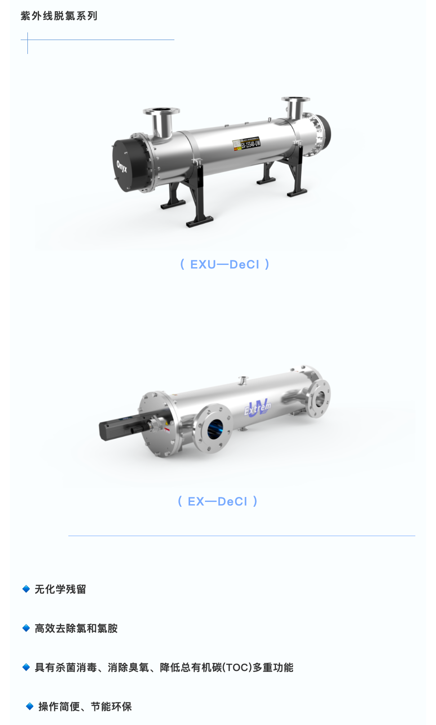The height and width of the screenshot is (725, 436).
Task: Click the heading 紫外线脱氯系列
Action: click(x=59, y=16)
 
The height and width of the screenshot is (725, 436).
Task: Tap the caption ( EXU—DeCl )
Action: click(x=224, y=264)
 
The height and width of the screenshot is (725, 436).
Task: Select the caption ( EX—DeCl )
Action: click(x=218, y=501)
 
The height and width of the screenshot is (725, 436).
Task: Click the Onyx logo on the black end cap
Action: click(x=122, y=166)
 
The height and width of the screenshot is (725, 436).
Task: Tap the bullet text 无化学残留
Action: click(x=60, y=589)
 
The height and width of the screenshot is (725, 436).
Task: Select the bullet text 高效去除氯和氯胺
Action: click(x=76, y=628)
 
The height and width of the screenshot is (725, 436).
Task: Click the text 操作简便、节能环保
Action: click(x=85, y=707)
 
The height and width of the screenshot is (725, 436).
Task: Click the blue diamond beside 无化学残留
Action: click(x=26, y=589)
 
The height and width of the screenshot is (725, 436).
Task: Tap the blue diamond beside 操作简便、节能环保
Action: click(x=30, y=707)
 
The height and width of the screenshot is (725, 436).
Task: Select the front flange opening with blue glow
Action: click(x=214, y=428)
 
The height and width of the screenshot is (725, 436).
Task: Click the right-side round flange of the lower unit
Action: click(x=320, y=398)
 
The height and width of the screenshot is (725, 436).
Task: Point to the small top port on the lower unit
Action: click(x=243, y=380)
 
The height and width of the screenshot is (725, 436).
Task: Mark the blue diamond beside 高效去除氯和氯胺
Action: click(x=26, y=628)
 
